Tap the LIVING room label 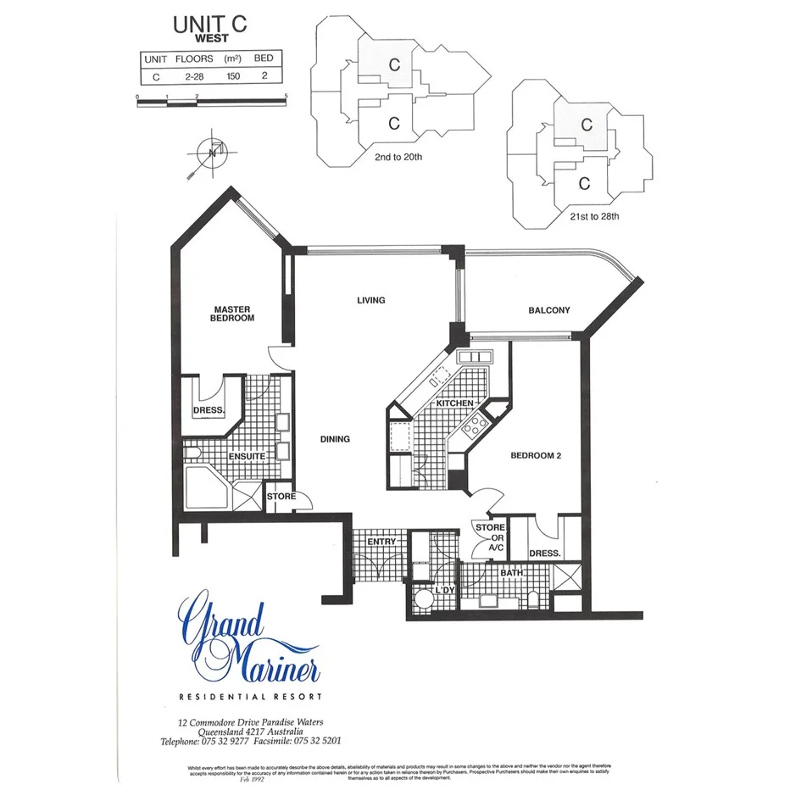point(370,300)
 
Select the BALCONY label point(549,310)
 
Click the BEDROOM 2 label point(536,455)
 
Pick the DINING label point(335,439)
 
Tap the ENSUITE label point(246,457)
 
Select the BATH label point(511,574)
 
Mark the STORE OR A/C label point(490,537)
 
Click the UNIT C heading point(210,25)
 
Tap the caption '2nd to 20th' point(398,157)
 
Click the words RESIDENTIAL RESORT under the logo point(250,697)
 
